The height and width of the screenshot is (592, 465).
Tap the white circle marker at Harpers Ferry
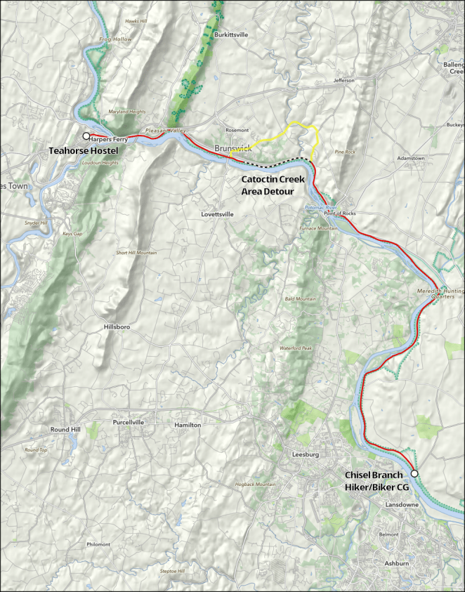click(x=86, y=136)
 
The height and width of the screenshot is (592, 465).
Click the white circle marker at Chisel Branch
click(x=414, y=474)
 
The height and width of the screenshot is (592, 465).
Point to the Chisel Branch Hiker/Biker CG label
click(x=374, y=481)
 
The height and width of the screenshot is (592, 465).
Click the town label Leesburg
click(x=306, y=455)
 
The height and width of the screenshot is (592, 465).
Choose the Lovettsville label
click(x=217, y=214)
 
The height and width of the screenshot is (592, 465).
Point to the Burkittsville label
click(x=232, y=34)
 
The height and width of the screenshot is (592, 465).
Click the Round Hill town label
click(x=65, y=429)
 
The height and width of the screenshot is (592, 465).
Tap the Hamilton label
click(x=188, y=426)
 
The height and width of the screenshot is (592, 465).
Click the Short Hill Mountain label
click(x=136, y=252)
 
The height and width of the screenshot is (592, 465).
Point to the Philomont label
click(x=98, y=544)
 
